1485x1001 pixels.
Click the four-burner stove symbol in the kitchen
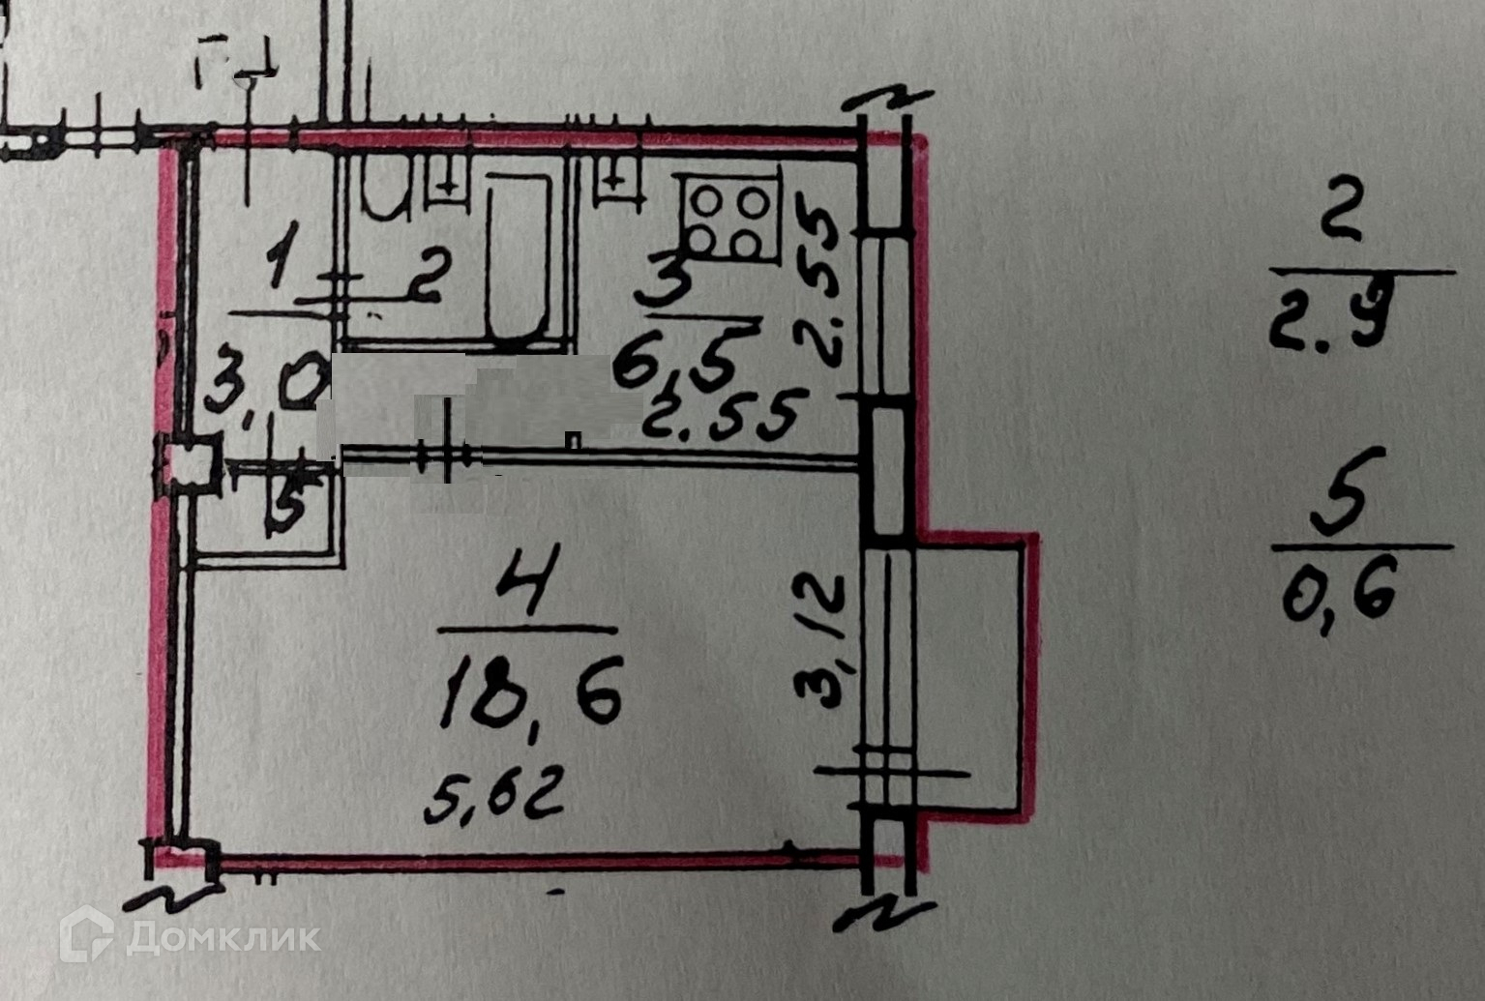pyautogui.click(x=730, y=220)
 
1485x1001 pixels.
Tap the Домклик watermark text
pyautogui.click(x=223, y=936)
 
